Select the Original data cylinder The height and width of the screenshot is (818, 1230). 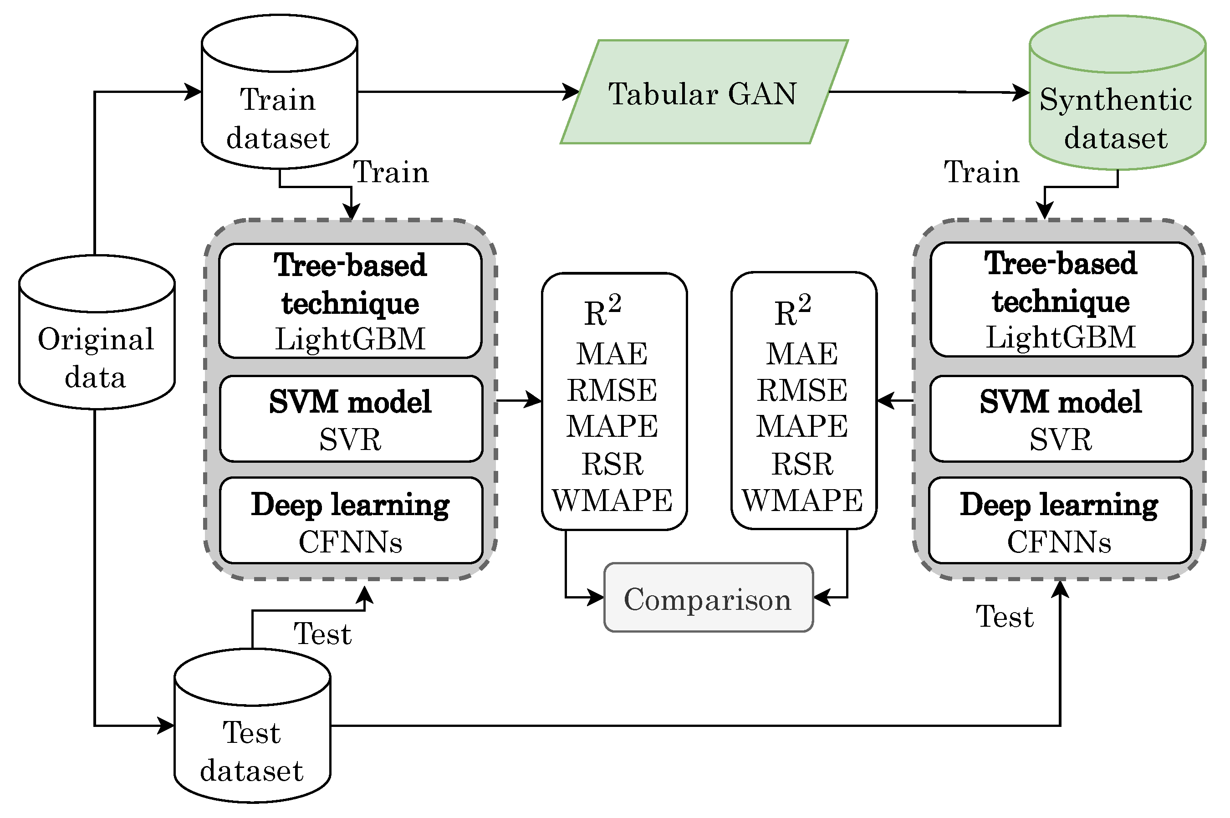click(97, 344)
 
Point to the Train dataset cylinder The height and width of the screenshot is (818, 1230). click(279, 104)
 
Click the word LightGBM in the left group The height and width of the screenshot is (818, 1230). click(350, 339)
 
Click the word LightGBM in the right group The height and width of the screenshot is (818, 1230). click(1061, 337)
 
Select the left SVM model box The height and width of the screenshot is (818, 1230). click(351, 419)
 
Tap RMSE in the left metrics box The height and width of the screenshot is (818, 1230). click(612, 390)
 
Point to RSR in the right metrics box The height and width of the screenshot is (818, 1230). click(802, 464)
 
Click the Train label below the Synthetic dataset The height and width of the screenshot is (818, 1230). click(981, 172)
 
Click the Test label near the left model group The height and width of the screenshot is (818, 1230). click(322, 634)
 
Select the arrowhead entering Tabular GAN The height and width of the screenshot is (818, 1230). click(572, 92)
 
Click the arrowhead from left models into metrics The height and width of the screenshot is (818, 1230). click(534, 401)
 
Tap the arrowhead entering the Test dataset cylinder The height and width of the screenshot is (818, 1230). click(167, 726)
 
